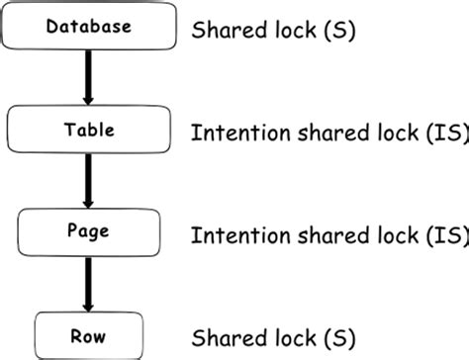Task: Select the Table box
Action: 89,130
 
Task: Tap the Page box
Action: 89,231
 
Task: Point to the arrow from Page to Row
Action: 88,281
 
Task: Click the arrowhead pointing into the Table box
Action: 88,99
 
